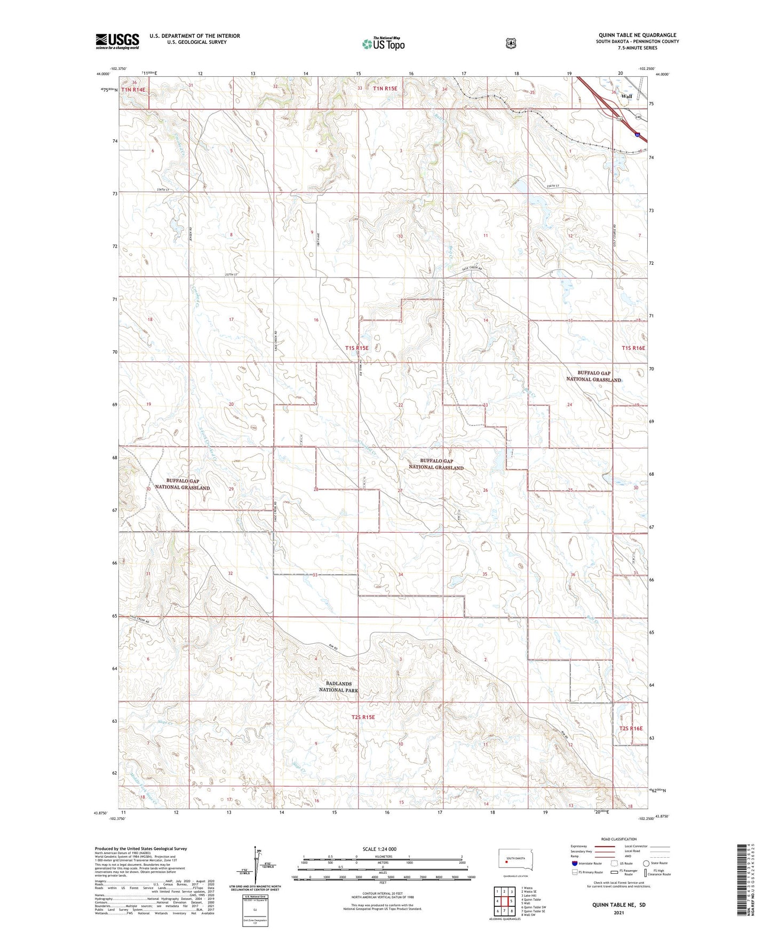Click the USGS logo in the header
pos(117,41)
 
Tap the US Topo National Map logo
pos(383,43)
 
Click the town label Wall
pos(626,97)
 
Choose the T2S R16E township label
pos(631,728)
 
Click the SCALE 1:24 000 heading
pos(379,849)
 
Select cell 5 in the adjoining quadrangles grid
pos(512,901)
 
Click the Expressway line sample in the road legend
pos(605,846)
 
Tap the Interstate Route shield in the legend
pos(574,863)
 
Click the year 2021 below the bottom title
pos(618,912)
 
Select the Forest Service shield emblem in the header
pos(511,43)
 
